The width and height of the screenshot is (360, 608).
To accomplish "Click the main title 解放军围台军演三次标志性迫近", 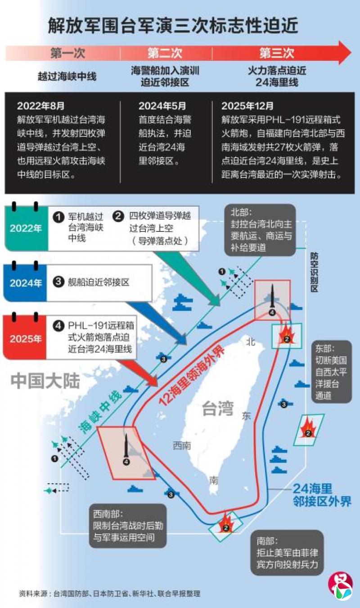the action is pyautogui.click(x=173, y=26).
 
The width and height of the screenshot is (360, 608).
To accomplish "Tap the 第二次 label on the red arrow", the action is pyautogui.click(x=165, y=53).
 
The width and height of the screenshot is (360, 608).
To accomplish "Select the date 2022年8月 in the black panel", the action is pyautogui.click(x=40, y=106).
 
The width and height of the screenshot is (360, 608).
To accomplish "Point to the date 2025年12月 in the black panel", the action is pyautogui.click(x=247, y=106).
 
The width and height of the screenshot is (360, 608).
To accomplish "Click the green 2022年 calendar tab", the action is pyautogui.click(x=26, y=228).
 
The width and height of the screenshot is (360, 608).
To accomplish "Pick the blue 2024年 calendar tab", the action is pyautogui.click(x=26, y=283).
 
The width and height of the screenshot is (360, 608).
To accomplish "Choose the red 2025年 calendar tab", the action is pyautogui.click(x=25, y=338).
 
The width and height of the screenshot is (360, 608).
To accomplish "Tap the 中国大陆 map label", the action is pyautogui.click(x=45, y=381).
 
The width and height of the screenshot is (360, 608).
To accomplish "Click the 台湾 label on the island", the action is pyautogui.click(x=218, y=408).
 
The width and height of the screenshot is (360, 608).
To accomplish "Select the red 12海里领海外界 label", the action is pyautogui.click(x=192, y=376).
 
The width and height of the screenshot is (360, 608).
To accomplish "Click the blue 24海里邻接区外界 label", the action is pyautogui.click(x=322, y=495).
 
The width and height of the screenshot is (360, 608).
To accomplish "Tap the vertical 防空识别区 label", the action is pyautogui.click(x=314, y=272).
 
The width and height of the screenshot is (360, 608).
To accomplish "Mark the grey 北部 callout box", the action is pyautogui.click(x=260, y=230).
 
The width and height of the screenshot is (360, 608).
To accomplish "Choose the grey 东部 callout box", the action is pyautogui.click(x=331, y=372).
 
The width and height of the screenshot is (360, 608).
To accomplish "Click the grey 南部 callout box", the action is pyautogui.click(x=287, y=553).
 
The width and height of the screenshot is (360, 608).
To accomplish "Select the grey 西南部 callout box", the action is pyautogui.click(x=128, y=526).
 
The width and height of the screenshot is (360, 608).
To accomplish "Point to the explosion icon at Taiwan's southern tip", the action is pyautogui.click(x=226, y=523).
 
